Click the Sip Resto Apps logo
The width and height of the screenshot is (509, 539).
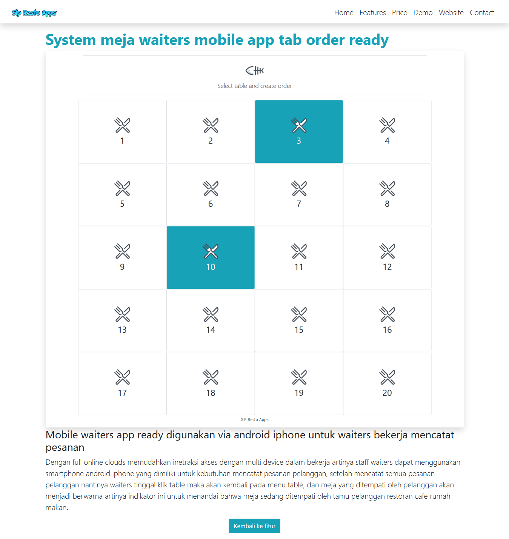(34, 13)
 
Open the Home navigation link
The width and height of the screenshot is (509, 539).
(343, 13)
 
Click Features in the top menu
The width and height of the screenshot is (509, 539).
(372, 13)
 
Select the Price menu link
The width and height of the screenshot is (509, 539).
(399, 13)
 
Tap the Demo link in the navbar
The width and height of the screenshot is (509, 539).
(423, 13)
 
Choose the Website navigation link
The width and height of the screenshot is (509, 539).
(451, 13)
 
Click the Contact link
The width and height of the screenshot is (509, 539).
(481, 13)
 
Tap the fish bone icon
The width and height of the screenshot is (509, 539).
(254, 70)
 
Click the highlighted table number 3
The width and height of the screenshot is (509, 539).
(299, 141)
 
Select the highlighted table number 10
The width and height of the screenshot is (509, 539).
(211, 267)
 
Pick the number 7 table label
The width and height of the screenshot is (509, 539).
(299, 204)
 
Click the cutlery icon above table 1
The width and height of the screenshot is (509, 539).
(122, 125)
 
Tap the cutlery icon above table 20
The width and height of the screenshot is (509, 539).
(387, 377)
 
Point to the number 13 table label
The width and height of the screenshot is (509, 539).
(122, 330)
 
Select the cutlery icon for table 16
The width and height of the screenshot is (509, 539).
(387, 314)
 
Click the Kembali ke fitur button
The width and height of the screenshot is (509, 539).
(254, 526)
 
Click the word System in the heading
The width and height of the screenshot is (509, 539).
(71, 40)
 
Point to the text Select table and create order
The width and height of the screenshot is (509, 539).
(254, 86)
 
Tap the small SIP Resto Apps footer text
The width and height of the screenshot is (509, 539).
(255, 419)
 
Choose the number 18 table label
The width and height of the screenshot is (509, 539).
(211, 393)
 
